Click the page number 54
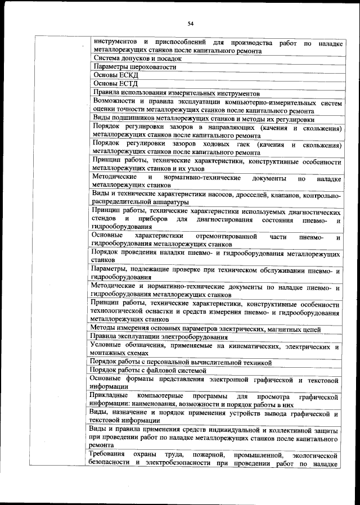[191, 24]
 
